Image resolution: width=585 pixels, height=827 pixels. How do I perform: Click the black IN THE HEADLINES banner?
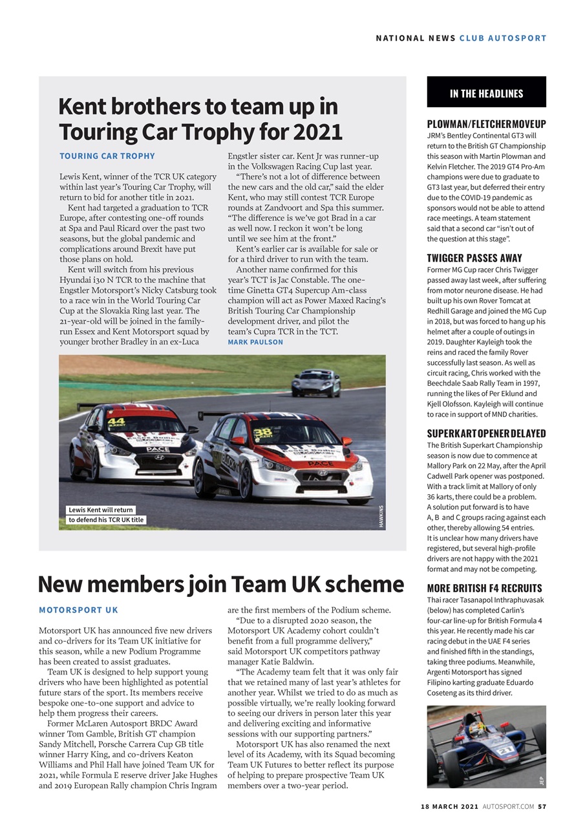pyautogui.click(x=486, y=93)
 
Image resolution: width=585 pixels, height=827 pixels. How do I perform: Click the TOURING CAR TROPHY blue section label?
pyautogui.click(x=107, y=156)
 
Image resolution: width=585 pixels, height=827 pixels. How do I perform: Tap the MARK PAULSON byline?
pyautogui.click(x=255, y=342)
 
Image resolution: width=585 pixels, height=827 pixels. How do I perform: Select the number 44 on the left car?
pyautogui.click(x=116, y=422)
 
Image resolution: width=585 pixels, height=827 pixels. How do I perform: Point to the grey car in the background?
pyautogui.click(x=315, y=383)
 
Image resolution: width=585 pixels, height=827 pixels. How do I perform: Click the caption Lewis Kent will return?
pyautogui.click(x=100, y=510)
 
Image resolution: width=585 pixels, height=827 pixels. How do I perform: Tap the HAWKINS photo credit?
pyautogui.click(x=381, y=516)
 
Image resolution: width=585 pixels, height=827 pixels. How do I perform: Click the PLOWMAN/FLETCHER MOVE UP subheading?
pyautogui.click(x=486, y=124)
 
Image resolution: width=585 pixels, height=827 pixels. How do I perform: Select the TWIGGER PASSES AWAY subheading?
pyautogui.click(x=474, y=258)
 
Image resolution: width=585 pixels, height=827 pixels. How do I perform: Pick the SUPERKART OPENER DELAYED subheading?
pyautogui.click(x=486, y=434)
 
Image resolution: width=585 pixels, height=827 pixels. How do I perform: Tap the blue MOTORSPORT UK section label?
pyautogui.click(x=78, y=609)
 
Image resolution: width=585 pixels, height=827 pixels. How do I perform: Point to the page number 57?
pyautogui.click(x=542, y=806)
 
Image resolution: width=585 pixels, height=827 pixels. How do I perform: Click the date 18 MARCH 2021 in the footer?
pyautogui.click(x=449, y=806)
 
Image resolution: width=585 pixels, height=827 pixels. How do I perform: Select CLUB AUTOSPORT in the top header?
pyautogui.click(x=503, y=38)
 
